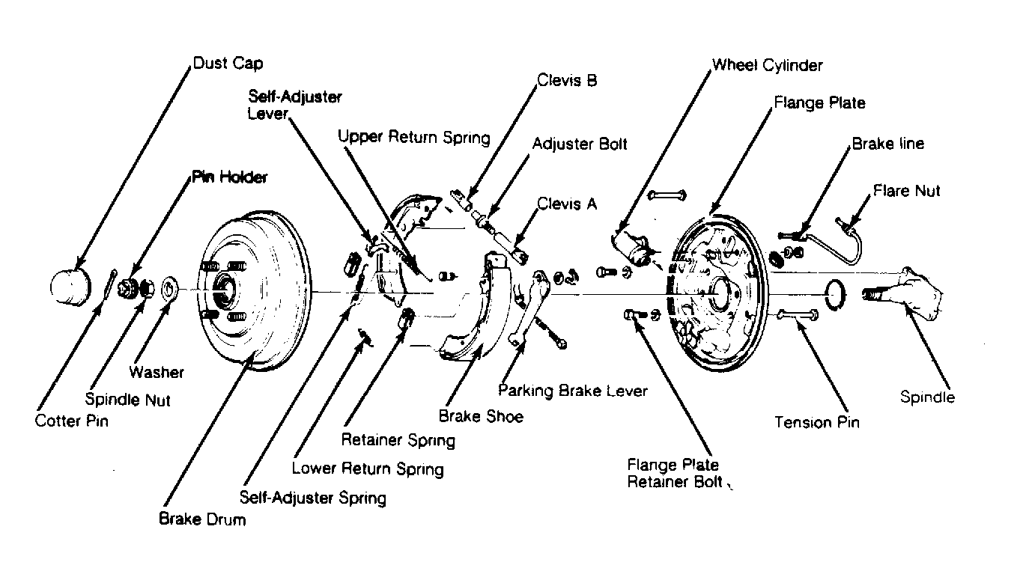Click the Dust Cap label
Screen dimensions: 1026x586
[x=228, y=63]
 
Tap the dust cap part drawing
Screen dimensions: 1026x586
[x=70, y=287]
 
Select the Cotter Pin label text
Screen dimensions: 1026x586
[x=71, y=421]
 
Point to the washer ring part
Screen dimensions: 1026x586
[x=169, y=290]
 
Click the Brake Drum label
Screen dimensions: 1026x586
[x=202, y=519]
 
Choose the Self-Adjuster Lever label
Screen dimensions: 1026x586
[x=294, y=105]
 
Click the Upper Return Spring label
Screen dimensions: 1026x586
[x=414, y=137]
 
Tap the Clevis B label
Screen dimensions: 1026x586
[x=567, y=80]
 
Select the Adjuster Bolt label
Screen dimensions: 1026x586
[x=580, y=144]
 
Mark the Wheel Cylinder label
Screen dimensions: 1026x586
[x=767, y=65]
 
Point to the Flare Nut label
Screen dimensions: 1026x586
[x=906, y=190]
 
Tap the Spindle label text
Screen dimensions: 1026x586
[x=928, y=397]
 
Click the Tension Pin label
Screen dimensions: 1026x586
[x=816, y=422]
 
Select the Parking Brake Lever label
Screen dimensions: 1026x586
[x=573, y=391]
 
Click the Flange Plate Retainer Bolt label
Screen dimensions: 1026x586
[x=676, y=474]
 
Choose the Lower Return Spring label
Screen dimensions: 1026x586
[x=368, y=469]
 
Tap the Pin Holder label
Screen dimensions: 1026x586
[x=229, y=177]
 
